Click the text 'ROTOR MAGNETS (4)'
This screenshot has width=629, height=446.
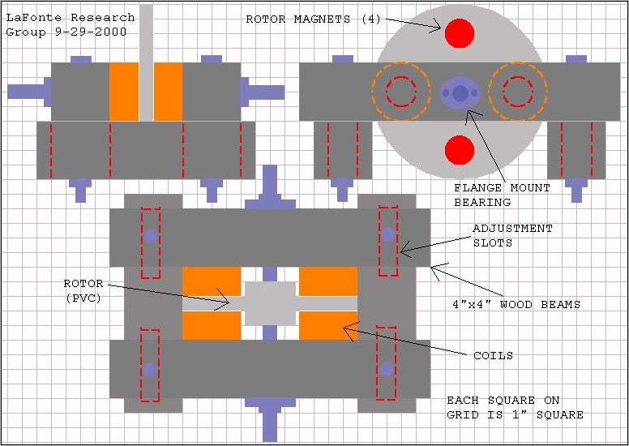pos(313,19)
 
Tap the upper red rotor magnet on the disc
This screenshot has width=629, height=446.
pos(460,33)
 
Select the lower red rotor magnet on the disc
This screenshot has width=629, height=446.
pos(460,150)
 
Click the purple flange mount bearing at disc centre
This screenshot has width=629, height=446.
pos(460,93)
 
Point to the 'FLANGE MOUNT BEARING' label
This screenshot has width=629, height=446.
pos(502,195)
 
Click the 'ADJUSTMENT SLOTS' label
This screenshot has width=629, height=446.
pos(512,236)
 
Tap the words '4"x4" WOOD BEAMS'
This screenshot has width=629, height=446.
pos(516,304)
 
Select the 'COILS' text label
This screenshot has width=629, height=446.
pos(493,356)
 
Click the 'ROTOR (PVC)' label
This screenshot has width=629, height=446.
pos(83,290)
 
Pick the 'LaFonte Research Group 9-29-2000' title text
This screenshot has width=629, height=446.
pos(71,25)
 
